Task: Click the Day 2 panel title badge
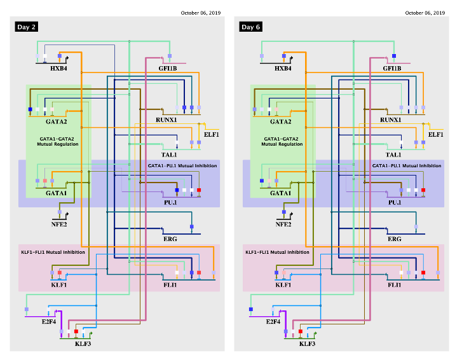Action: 27,27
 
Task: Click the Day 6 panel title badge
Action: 250,27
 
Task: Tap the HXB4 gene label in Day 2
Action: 58,68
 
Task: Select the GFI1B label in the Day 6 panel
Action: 392,68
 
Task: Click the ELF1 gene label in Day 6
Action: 435,135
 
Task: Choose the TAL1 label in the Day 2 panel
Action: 169,155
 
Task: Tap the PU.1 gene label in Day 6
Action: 395,202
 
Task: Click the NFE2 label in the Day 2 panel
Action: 58,224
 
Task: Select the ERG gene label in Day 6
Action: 394,239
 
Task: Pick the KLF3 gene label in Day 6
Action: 308,343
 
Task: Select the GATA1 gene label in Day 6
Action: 281,193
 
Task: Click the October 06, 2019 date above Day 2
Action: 200,13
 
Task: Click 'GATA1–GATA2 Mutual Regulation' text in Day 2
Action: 58,141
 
